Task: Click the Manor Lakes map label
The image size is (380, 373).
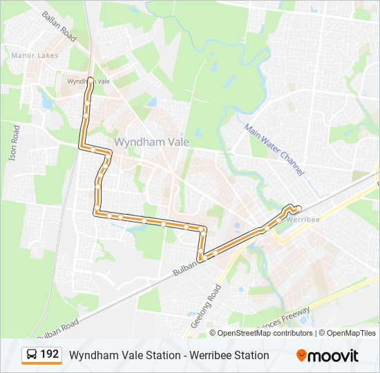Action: (35, 55)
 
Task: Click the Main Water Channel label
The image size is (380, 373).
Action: (274, 149)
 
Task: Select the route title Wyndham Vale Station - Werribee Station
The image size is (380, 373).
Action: (169, 355)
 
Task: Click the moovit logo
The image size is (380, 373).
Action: (328, 356)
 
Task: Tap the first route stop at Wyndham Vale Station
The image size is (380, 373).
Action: (91, 79)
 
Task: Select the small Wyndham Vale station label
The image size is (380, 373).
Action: (88, 81)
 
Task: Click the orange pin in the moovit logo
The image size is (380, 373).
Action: (302, 356)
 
